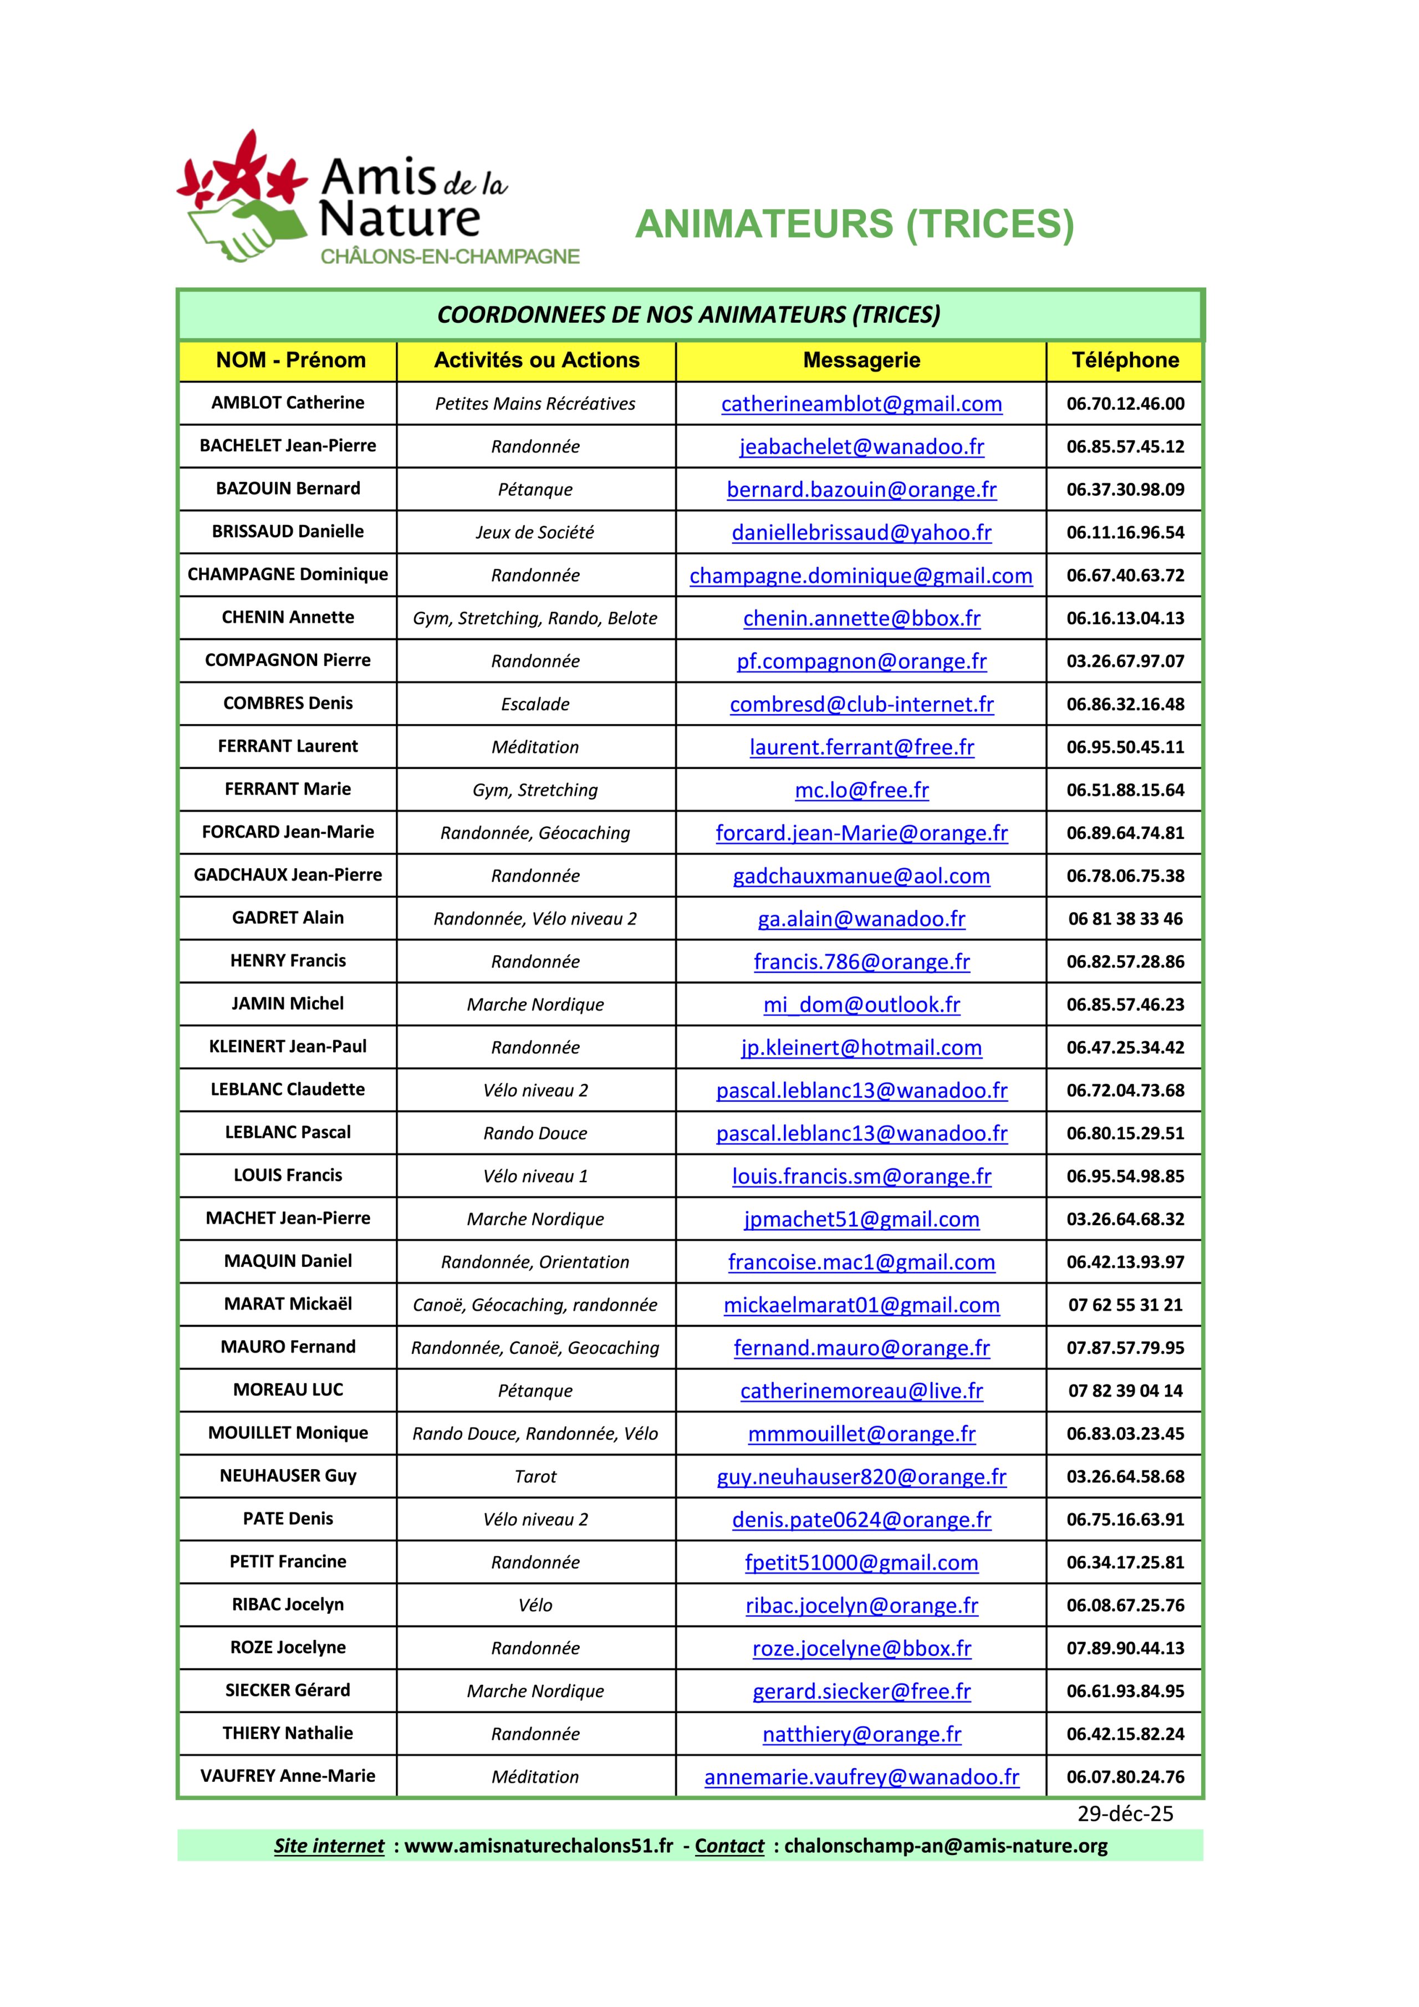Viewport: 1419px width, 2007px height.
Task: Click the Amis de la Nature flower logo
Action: [243, 197]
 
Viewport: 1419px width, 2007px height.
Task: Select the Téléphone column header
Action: [1125, 360]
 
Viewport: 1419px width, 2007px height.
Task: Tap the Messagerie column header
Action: [861, 360]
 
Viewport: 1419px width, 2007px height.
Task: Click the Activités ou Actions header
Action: [537, 360]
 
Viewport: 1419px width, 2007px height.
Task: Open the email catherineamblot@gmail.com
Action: [861, 404]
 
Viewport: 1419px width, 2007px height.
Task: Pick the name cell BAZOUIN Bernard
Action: [288, 488]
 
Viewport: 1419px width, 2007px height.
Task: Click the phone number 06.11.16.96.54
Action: [1125, 532]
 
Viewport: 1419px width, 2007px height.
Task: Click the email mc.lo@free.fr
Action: [861, 790]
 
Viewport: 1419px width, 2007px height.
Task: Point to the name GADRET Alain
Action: [288, 918]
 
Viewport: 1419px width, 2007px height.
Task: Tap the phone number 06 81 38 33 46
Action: [1125, 919]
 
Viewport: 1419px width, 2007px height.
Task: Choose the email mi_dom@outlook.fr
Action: [861, 1005]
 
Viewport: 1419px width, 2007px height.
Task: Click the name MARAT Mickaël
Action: [288, 1304]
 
